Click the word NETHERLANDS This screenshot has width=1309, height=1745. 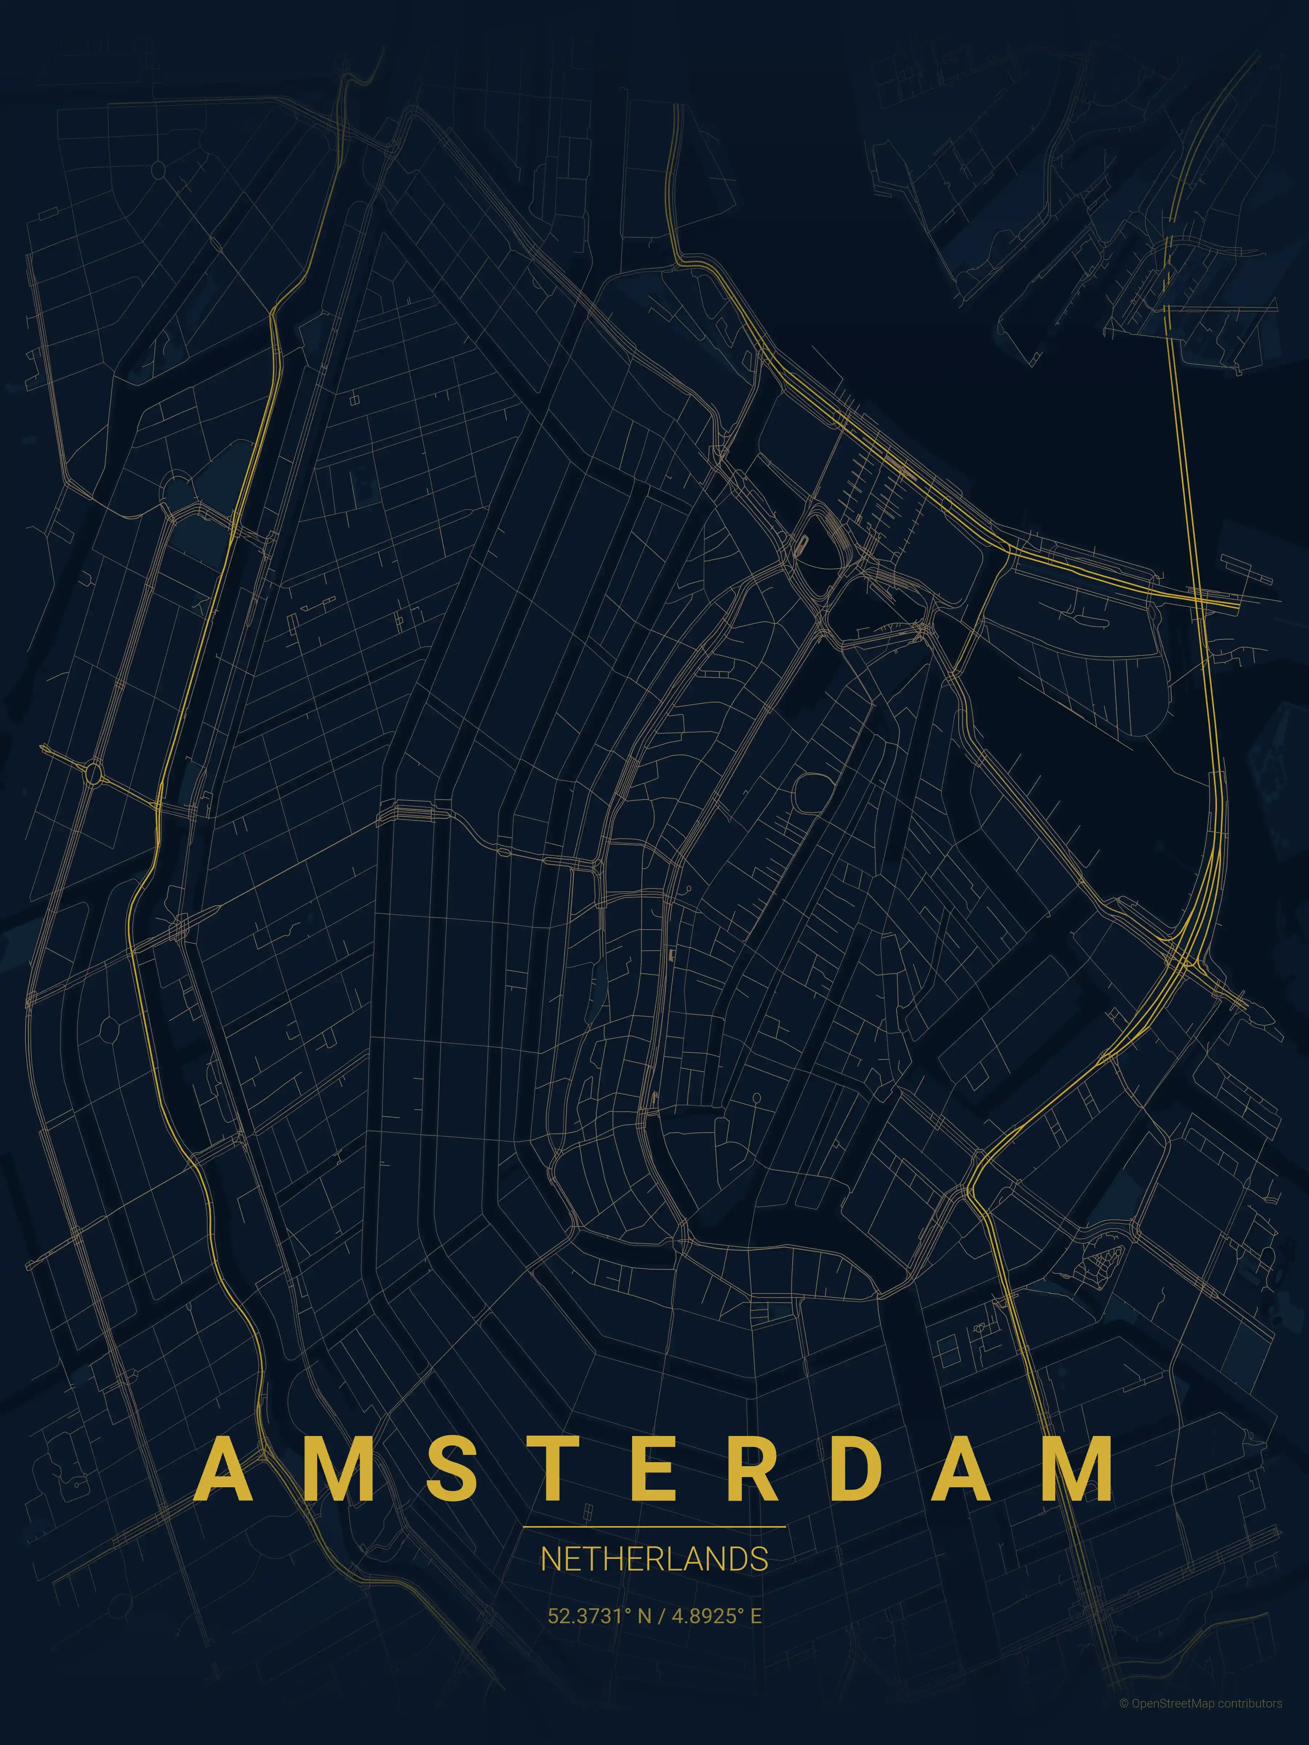(654, 1560)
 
